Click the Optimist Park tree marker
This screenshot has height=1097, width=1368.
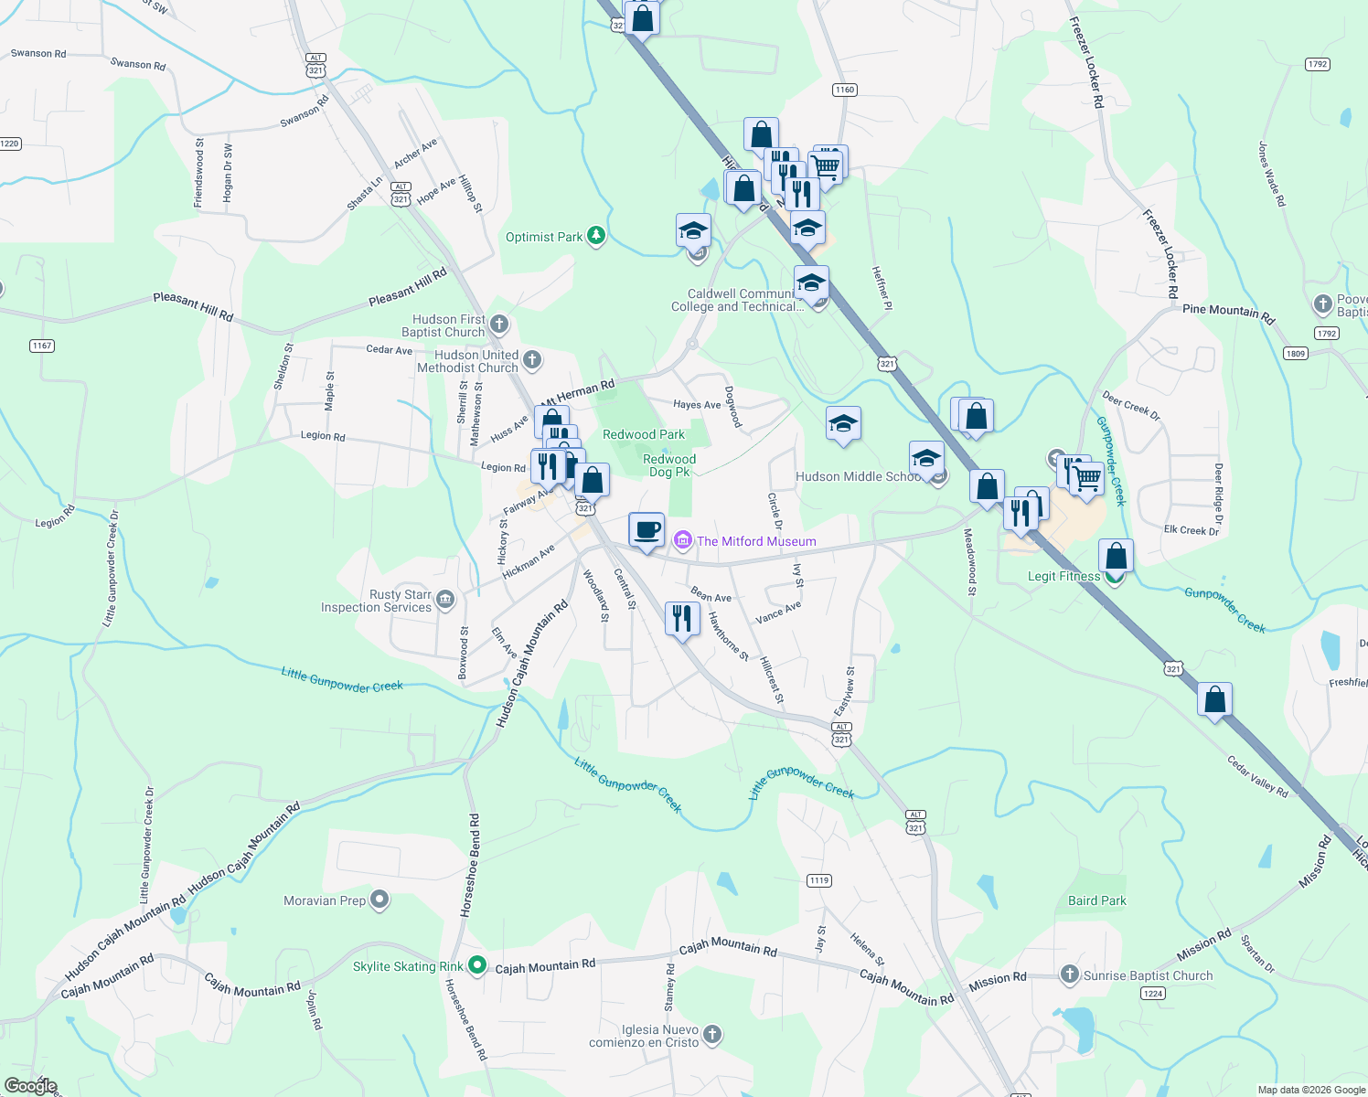[596, 237]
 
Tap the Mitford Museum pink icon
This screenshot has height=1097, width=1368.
[682, 541]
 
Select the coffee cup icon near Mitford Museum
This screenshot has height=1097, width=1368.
[647, 529]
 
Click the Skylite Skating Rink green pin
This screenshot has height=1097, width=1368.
[476, 965]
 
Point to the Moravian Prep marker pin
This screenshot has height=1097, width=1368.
[379, 900]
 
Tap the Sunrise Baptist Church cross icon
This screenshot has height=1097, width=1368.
[1069, 975]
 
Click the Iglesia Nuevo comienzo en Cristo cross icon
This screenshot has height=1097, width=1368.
[712, 1035]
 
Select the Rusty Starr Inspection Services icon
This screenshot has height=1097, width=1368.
[445, 600]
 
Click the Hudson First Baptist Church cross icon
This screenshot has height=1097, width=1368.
[499, 324]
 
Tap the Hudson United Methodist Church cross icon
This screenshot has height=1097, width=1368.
[532, 360]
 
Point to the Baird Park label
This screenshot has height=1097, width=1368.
[1097, 900]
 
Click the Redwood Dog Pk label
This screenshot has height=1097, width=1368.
[669, 465]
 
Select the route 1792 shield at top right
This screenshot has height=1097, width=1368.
[1317, 64]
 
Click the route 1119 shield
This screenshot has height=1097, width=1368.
[819, 880]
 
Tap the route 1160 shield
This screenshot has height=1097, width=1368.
[844, 90]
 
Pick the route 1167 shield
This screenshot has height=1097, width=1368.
[42, 346]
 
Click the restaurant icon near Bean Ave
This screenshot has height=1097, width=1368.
[682, 619]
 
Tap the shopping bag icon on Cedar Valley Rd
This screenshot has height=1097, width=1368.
[1214, 699]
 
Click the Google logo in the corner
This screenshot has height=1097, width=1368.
[30, 1085]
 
